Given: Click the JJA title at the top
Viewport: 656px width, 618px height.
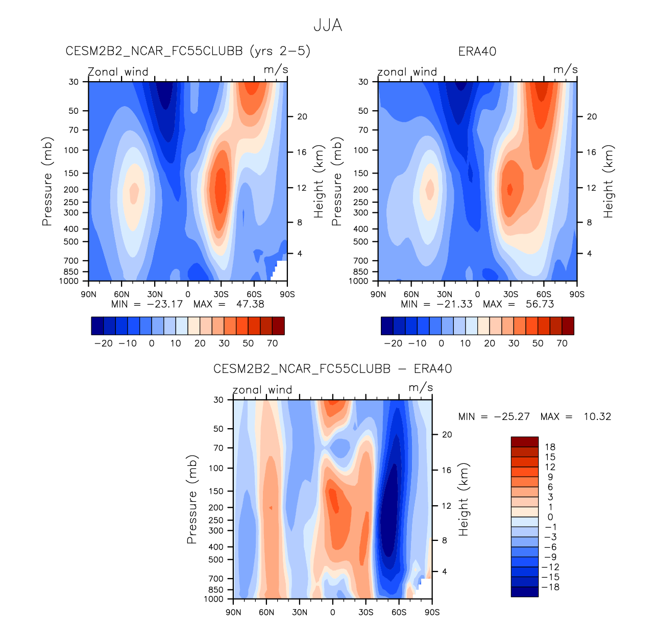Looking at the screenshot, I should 327,26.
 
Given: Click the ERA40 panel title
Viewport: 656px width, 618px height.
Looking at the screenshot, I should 477,52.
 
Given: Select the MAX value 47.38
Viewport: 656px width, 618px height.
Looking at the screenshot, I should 250,304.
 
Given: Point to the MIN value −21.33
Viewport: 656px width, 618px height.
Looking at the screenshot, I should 454,304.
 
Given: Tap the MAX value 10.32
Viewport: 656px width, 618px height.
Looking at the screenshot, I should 597,416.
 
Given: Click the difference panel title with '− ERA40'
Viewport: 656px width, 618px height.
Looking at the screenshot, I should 332,368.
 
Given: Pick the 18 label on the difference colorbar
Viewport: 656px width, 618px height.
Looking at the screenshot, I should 550,447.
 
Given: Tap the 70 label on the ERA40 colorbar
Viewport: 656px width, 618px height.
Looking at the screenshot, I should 562,343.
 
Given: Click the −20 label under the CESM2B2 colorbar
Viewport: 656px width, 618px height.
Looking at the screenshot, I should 104,343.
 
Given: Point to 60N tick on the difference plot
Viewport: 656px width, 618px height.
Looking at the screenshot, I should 266,612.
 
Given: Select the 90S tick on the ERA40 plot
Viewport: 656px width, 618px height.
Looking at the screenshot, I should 577,294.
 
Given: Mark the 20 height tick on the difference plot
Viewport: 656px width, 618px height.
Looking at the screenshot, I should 447,435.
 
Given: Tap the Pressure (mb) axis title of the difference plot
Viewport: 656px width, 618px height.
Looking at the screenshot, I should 192,499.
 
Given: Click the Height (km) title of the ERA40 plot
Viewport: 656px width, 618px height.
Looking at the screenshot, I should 608,182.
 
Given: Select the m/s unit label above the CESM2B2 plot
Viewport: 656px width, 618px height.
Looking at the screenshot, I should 276,69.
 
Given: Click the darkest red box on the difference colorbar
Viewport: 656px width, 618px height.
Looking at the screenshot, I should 524,442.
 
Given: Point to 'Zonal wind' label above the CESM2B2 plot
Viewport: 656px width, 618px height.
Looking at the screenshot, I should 118,72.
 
